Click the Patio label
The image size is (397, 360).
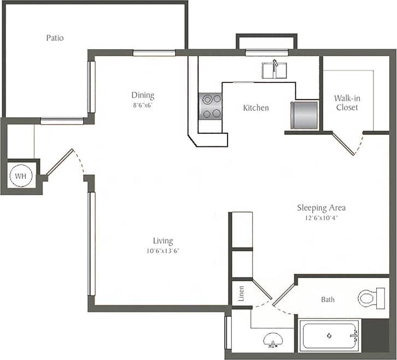pyautogui.click(x=54, y=38)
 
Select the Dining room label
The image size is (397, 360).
pyautogui.click(x=142, y=95)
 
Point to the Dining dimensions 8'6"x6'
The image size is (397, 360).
pyautogui.click(x=141, y=105)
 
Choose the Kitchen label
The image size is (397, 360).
pyautogui.click(x=256, y=108)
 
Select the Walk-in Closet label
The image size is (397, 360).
pyautogui.click(x=347, y=103)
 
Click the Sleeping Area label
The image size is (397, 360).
pyautogui.click(x=321, y=208)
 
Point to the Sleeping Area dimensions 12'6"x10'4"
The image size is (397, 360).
pyautogui.click(x=321, y=218)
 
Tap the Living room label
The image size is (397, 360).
pyautogui.click(x=163, y=240)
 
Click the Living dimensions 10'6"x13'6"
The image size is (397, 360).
pyautogui.click(x=163, y=251)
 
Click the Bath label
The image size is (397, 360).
pyautogui.click(x=328, y=299)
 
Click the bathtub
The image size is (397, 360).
pyautogui.click(x=330, y=336)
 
